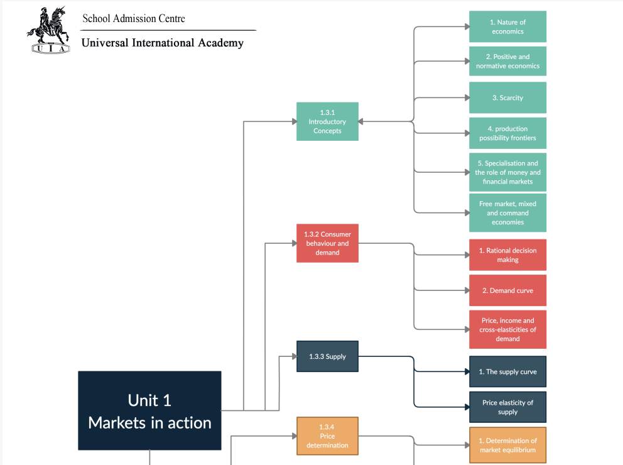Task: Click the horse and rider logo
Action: coord(48,30)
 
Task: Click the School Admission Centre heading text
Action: coord(134,19)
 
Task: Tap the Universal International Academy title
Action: coord(163,43)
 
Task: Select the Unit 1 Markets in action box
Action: coord(149,410)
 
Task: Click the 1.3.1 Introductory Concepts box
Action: coord(327,121)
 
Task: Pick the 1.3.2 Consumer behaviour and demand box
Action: coord(327,243)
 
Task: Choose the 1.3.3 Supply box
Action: coord(327,356)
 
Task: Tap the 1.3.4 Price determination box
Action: coord(327,435)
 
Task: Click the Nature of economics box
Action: coord(507,26)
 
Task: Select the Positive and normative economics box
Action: coord(507,61)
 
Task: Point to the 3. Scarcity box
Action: coord(507,97)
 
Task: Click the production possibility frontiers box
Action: coord(507,133)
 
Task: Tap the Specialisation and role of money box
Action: coord(507,172)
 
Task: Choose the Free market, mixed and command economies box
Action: coord(507,213)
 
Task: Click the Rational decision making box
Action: coord(507,254)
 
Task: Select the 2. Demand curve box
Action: coord(507,290)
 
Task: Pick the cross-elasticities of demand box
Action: coord(507,329)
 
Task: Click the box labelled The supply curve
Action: coord(507,371)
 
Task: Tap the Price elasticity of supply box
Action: coord(507,407)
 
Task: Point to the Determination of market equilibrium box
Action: coord(507,445)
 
